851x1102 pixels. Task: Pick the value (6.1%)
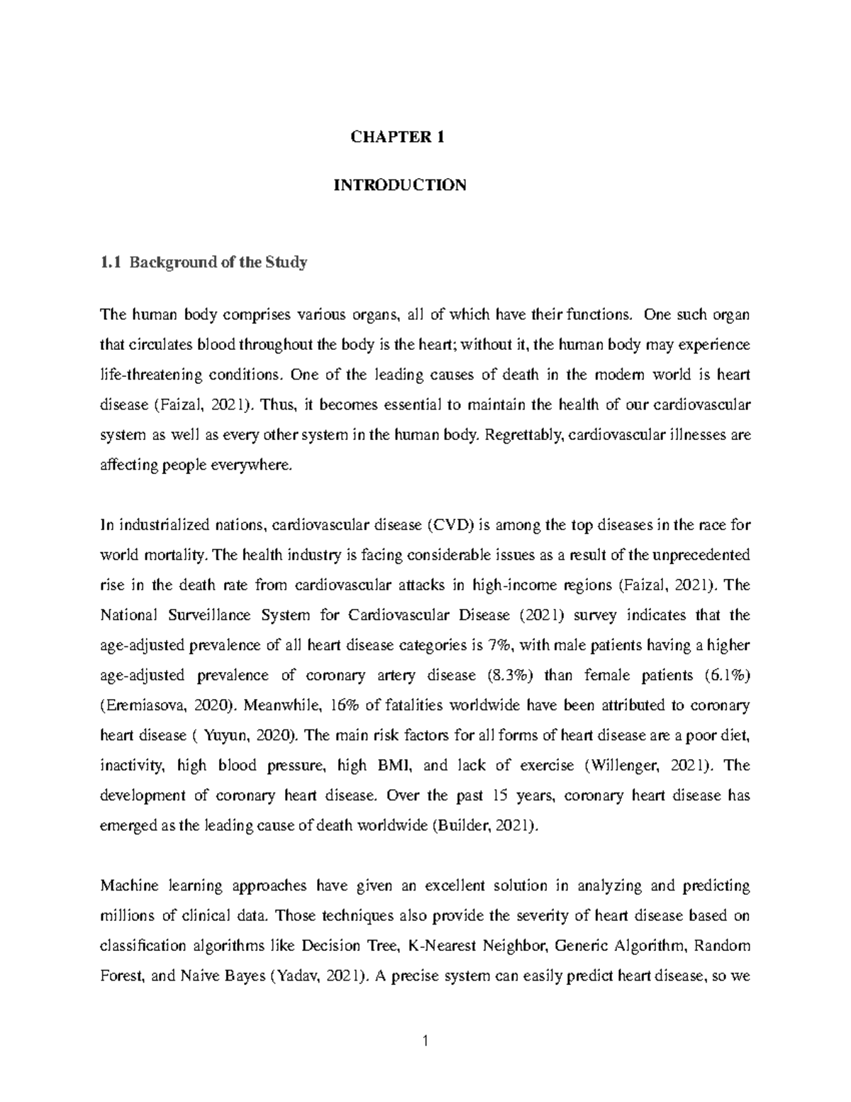click(728, 676)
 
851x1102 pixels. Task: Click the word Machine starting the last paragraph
click(128, 886)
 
